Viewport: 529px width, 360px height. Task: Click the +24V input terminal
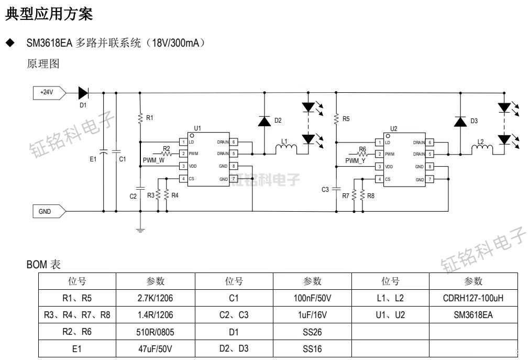[48, 93]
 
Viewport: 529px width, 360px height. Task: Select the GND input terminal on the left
[48, 211]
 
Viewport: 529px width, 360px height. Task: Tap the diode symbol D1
[83, 93]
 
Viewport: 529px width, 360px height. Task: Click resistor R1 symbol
[140, 118]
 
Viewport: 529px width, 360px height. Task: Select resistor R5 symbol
[336, 119]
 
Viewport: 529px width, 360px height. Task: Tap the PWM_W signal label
[153, 160]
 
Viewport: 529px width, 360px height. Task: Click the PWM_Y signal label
[355, 160]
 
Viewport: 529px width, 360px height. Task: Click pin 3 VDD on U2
[379, 167]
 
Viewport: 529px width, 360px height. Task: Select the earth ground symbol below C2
[140, 228]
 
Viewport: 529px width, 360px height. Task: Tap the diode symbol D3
[460, 122]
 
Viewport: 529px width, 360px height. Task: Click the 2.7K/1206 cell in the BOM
[155, 299]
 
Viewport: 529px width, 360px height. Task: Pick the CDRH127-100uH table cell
[472, 299]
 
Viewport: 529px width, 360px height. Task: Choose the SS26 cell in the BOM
[312, 332]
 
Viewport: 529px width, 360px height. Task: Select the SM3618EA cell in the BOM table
[472, 315]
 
